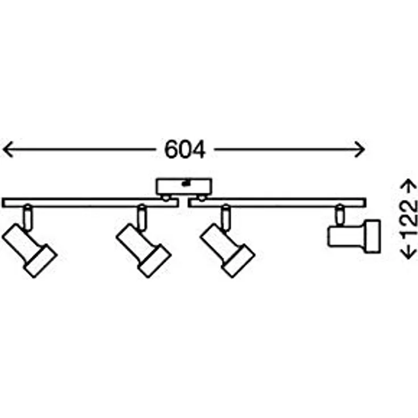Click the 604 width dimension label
[x=185, y=149]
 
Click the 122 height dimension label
[x=409, y=219]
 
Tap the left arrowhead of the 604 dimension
[x=7, y=149]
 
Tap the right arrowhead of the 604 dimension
[x=360, y=149]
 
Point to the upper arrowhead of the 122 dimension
[x=409, y=185]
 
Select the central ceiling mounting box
[x=184, y=187]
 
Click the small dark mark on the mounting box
[x=185, y=183]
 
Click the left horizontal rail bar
[x=90, y=203]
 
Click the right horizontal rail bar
[x=277, y=203]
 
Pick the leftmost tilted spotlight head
[x=30, y=251]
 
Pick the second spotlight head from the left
[x=144, y=251]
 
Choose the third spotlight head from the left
[x=228, y=251]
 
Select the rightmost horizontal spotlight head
[x=354, y=236]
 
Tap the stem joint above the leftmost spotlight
[x=28, y=217]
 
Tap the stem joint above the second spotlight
[x=142, y=217]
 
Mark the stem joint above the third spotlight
[x=226, y=217]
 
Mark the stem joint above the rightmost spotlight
[x=340, y=215]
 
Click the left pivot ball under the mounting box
[x=166, y=198]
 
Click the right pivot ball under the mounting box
[x=202, y=198]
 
